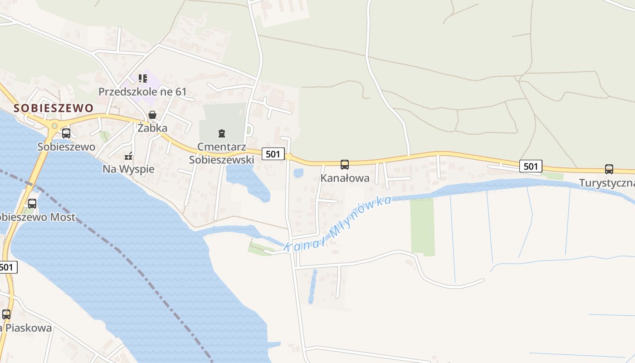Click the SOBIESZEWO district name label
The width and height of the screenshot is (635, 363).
54,108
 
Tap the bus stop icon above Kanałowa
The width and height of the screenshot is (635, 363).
345,165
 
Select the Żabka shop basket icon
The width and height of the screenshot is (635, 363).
152,115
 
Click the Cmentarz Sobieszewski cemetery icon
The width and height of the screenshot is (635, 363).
221,133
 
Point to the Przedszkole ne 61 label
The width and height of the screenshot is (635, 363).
142,92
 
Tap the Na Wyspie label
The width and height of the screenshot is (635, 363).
128,169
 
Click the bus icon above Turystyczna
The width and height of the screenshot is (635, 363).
609,169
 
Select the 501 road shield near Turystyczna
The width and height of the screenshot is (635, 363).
531,166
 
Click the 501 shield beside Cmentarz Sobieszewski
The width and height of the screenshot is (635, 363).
273,154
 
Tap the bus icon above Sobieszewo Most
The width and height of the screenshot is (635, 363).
32,204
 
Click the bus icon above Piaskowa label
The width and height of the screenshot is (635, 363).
6,314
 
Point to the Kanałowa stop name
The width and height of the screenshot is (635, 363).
345,178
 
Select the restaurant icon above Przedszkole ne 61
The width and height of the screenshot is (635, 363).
143,78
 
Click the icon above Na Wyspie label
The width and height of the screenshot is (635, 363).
129,157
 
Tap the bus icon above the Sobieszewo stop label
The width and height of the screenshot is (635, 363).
66,133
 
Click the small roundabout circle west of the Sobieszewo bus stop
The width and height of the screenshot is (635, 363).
55,126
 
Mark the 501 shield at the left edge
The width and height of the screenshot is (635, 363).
8,267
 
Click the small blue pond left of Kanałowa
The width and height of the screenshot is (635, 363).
298,173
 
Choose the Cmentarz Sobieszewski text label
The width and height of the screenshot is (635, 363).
221,153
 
